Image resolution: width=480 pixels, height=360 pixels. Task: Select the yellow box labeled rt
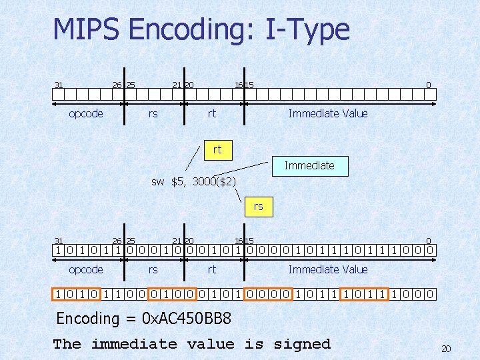click(217, 150)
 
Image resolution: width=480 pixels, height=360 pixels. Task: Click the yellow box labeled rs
click(258, 207)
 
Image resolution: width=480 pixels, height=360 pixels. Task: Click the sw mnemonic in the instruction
click(157, 181)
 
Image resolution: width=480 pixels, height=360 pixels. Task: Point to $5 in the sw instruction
click(178, 181)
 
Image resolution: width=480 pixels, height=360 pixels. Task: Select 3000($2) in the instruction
click(213, 181)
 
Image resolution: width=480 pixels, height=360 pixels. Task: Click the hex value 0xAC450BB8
click(187, 319)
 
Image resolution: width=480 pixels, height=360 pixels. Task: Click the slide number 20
click(446, 349)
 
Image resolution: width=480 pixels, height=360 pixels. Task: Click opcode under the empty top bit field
click(86, 113)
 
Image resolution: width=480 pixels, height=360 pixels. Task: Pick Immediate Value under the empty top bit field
click(328, 113)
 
